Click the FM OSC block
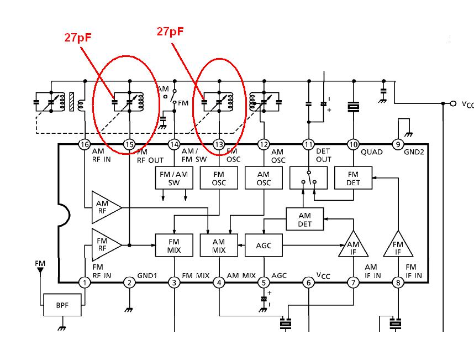tap(219, 178)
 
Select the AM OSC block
tap(264, 178)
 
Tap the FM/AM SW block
tap(174, 178)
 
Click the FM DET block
tap(353, 178)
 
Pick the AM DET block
tap(304, 220)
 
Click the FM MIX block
tap(174, 245)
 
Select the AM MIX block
tap(219, 245)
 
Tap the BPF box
tap(63, 305)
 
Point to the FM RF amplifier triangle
tap(104, 244)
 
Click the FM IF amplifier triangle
tap(397, 245)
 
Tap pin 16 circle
tap(85, 145)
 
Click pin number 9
tap(398, 145)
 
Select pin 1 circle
tap(85, 283)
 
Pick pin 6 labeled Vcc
tap(308, 283)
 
